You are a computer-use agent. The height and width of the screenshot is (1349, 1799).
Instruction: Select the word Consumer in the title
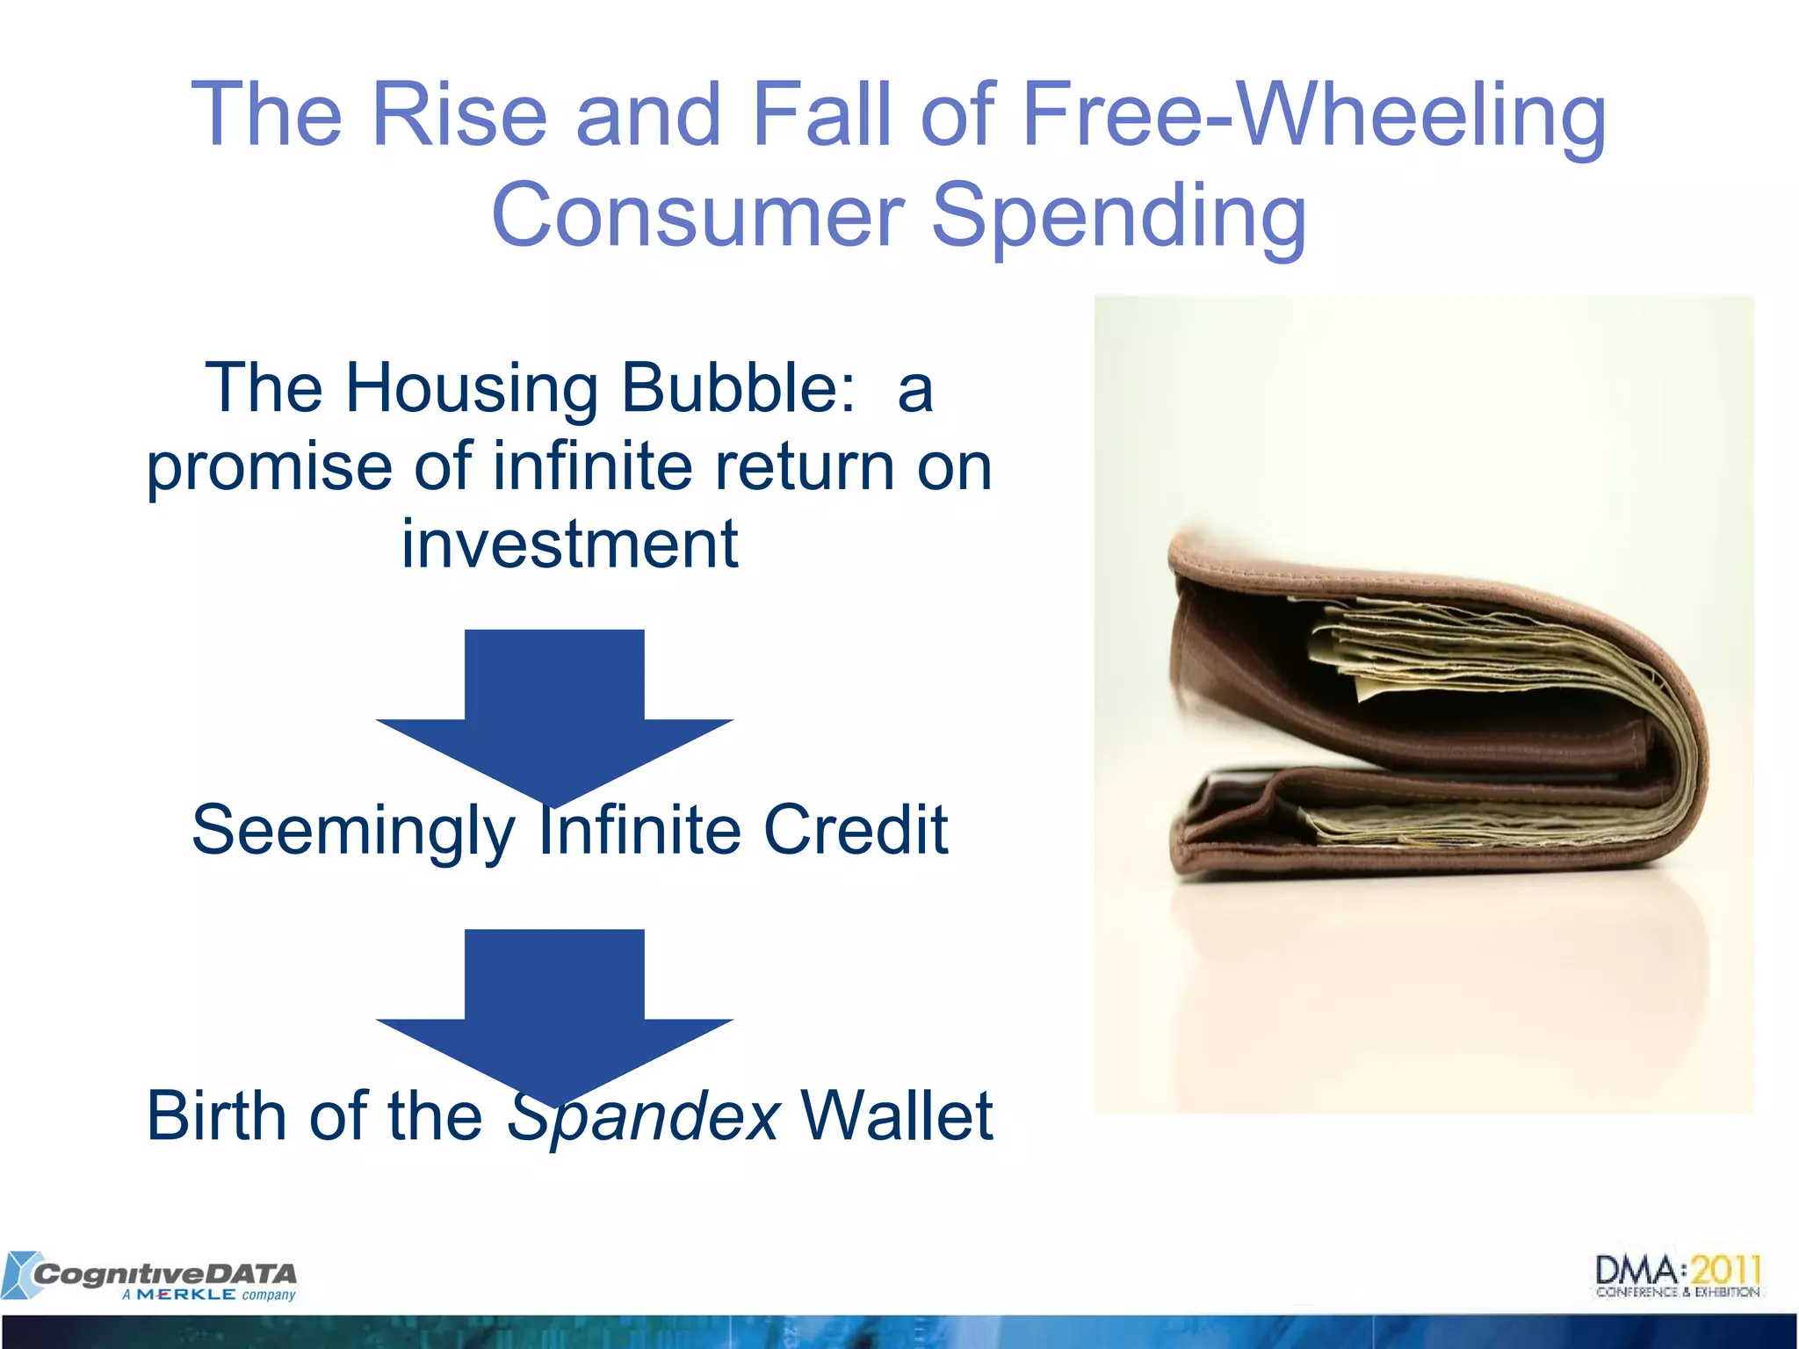[x=697, y=215]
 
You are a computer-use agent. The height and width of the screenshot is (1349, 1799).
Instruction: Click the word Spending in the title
[x=1118, y=215]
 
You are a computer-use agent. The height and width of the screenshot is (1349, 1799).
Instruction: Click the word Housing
[x=471, y=387]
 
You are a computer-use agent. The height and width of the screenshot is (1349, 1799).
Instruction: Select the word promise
[x=269, y=466]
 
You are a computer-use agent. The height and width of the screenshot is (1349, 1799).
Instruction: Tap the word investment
[x=569, y=545]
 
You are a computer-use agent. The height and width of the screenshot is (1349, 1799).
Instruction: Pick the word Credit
[x=855, y=830]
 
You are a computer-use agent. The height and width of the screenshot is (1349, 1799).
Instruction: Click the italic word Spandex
[x=643, y=1115]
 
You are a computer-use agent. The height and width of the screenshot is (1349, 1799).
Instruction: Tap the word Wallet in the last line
[x=896, y=1115]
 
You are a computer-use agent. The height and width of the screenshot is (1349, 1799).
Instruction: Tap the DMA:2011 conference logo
[x=1678, y=1276]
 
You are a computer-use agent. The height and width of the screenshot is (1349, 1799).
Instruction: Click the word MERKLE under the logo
[x=185, y=1295]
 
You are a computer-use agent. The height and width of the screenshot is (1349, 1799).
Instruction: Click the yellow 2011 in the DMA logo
[x=1726, y=1270]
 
